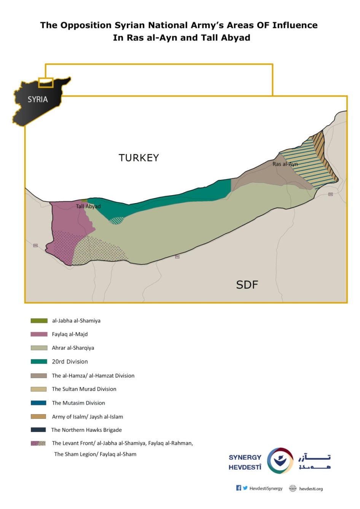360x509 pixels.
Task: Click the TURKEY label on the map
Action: coord(139,158)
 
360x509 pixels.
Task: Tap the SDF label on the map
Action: coord(247,285)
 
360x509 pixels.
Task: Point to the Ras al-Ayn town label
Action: coord(285,164)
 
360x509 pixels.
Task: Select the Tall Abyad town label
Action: coord(88,206)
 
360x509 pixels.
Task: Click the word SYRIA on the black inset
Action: coord(38,99)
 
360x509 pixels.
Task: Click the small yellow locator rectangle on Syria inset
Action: coord(46,82)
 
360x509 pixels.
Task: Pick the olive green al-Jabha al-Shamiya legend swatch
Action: coord(39,321)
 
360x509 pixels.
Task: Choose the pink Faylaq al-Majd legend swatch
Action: coord(39,334)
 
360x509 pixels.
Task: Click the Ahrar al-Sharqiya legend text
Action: coord(73,348)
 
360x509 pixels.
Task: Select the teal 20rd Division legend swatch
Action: coord(39,361)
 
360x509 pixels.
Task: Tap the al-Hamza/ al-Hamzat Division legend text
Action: coord(93,375)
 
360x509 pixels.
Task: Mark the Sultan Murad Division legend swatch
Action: coord(39,389)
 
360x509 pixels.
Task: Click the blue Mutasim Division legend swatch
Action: coord(39,403)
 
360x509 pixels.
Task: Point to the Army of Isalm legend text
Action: coord(87,417)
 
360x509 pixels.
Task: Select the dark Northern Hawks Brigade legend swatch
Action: coord(39,430)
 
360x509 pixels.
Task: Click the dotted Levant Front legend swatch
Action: coord(38,443)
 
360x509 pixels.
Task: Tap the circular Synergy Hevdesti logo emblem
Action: coord(280,461)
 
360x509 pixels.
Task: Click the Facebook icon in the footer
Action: coord(239,488)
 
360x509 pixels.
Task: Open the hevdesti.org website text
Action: coord(311,489)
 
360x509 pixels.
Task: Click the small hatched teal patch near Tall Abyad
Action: coord(116,220)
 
